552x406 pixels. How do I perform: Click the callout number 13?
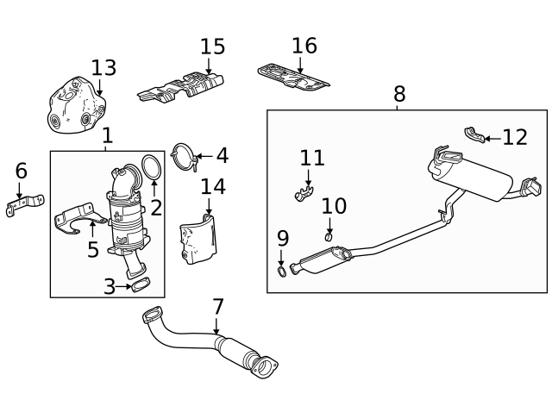[x=103, y=67]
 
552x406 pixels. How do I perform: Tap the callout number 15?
[x=212, y=47]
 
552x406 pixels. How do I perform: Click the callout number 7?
[x=217, y=306]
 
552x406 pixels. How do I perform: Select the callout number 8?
[x=398, y=93]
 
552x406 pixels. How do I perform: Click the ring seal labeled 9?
[x=282, y=272]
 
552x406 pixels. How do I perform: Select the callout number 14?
[x=212, y=186]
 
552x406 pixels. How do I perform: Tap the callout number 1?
[x=107, y=135]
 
